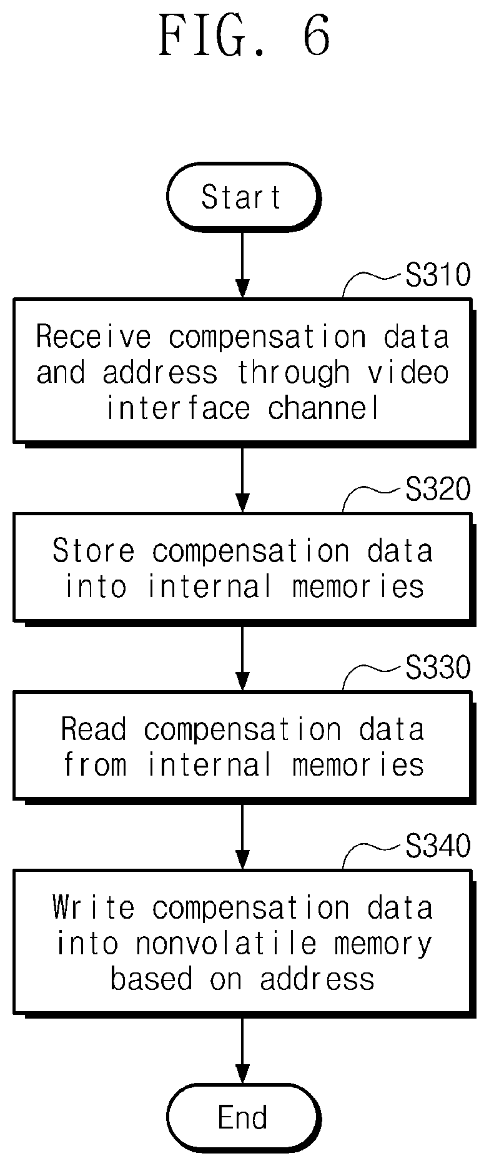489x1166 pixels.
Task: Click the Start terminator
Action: coord(242,197)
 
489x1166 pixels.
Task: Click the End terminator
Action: coord(242,1118)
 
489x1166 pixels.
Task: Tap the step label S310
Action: coord(438,275)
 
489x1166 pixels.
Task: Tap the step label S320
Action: coord(438,490)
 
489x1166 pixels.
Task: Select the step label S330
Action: coord(438,668)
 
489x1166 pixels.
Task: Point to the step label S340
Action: coord(438,846)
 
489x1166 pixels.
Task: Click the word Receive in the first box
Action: coord(94,337)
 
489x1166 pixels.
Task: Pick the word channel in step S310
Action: coord(324,408)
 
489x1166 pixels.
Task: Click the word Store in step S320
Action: coord(94,551)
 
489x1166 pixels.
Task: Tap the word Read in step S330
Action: coord(94,729)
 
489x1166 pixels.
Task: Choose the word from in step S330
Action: coord(95,765)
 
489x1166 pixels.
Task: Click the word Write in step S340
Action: coord(94,907)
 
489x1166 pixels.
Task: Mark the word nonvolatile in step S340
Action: coord(226,943)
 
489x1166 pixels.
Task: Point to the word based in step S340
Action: coord(151,979)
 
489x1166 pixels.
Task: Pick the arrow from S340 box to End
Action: coord(242,1048)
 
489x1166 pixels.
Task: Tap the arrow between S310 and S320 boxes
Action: coord(242,478)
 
